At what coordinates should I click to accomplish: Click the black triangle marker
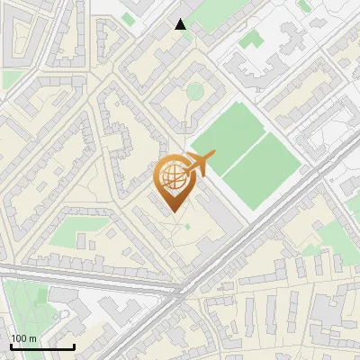pos(181,24)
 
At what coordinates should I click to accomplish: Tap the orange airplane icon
pos(197,163)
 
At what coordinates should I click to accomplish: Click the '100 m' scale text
pos(23,338)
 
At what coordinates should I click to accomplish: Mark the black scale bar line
pos(42,346)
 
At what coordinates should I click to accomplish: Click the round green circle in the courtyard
pos(194,91)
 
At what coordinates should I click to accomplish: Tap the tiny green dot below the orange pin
pos(188,226)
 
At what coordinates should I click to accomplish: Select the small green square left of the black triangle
pos(129,18)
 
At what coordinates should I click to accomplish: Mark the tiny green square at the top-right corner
pos(304,6)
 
